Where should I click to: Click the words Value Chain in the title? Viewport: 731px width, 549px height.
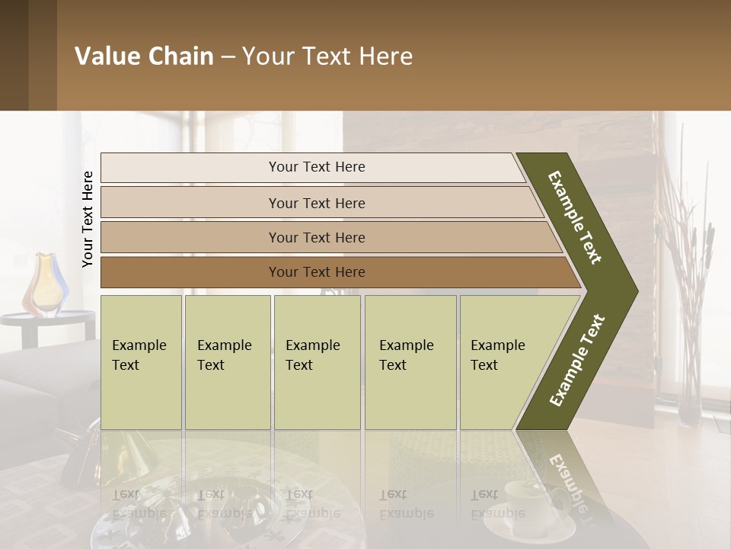click(x=144, y=56)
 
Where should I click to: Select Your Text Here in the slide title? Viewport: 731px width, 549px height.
click(x=327, y=56)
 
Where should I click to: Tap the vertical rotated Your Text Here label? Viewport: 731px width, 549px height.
click(x=88, y=220)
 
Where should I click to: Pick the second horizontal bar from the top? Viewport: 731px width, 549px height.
click(x=317, y=203)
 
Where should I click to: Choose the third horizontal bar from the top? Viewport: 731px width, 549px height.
click(x=317, y=237)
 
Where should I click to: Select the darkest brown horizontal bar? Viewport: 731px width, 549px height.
click(x=317, y=272)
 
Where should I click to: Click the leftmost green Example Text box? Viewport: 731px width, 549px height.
click(x=141, y=362)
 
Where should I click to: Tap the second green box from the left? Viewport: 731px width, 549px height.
click(x=227, y=362)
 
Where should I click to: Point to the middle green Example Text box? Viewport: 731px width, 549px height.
click(x=317, y=362)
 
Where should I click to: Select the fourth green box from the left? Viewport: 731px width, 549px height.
click(x=410, y=362)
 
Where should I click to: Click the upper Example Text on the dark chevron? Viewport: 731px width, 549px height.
click(x=576, y=217)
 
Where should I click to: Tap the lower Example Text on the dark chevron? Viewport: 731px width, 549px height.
click(x=577, y=360)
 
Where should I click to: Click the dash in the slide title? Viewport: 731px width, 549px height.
click(x=228, y=57)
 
